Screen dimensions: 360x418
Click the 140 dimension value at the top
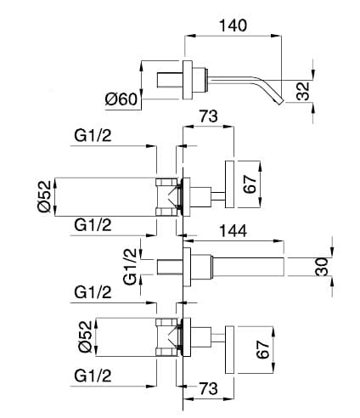tap(233, 25)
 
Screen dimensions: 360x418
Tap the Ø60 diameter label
tap(121, 99)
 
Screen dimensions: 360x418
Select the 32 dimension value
tap(303, 91)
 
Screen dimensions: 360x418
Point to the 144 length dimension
tap(233, 231)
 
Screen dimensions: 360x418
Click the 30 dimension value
tap(322, 266)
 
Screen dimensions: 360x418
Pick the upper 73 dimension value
tap(209, 116)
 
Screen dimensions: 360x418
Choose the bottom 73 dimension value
tap(209, 388)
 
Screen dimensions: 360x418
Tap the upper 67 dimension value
tap(250, 184)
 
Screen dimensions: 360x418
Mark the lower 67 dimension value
tap(262, 349)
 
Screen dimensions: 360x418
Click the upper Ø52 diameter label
tap(45, 196)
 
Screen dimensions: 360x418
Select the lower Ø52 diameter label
tap(86, 336)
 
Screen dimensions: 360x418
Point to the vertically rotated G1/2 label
tap(130, 267)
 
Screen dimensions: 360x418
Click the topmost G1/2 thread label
tap(93, 136)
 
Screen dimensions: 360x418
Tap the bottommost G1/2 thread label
tap(93, 376)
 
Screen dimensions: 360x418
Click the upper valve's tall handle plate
tap(230, 184)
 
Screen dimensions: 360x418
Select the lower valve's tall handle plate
tap(229, 349)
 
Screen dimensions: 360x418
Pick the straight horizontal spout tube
tap(248, 267)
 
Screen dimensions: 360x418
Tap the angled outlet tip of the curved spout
tap(279, 101)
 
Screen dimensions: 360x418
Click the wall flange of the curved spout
tap(188, 80)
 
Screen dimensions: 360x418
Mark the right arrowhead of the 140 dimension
tap(276, 36)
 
